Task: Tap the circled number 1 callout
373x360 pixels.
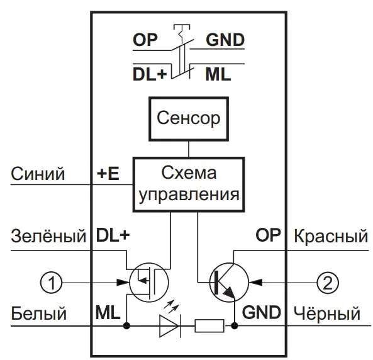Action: tap(52, 283)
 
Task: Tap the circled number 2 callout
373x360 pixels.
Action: tap(328, 283)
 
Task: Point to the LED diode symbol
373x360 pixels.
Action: tap(170, 326)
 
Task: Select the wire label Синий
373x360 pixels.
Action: tap(38, 174)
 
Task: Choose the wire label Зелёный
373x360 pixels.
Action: tap(48, 236)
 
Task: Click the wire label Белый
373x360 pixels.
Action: tap(39, 313)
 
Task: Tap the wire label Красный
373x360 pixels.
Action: tap(331, 236)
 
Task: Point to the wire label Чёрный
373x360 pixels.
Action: tap(327, 313)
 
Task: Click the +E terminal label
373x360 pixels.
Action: tap(108, 173)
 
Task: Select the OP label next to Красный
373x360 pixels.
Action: tap(268, 235)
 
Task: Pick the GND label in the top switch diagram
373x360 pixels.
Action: tap(225, 40)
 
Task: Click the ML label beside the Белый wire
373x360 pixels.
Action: tap(108, 312)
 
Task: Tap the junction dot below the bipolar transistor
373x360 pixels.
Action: tap(235, 326)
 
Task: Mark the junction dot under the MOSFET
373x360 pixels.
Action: tap(126, 326)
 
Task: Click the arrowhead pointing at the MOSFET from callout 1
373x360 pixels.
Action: tap(123, 283)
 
